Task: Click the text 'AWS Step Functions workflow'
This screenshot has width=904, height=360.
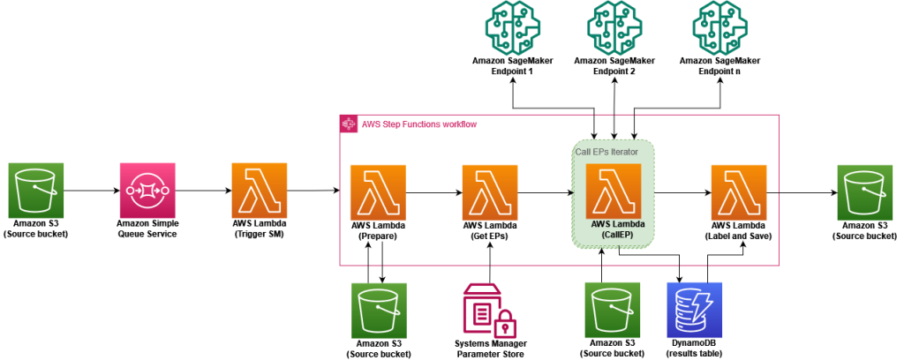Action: pos(419,124)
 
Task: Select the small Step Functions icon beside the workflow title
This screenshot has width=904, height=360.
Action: pos(349,124)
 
